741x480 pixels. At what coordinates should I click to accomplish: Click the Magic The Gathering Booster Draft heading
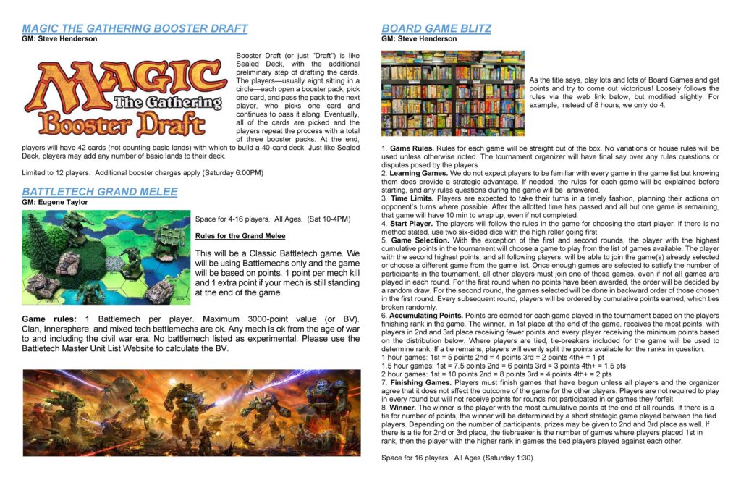tap(135, 28)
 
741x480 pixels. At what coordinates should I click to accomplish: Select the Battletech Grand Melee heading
tap(99, 191)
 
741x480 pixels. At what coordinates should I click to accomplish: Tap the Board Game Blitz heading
tap(436, 28)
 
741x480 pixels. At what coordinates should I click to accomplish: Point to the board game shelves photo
tap(452, 93)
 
